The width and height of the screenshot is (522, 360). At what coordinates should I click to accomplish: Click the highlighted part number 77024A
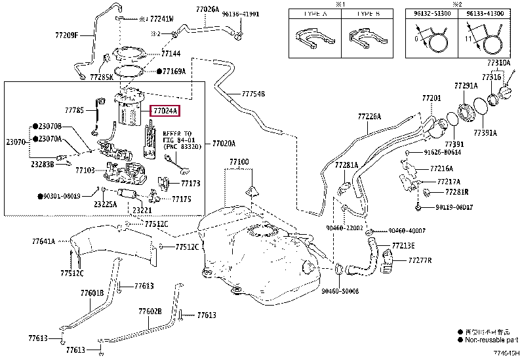click(165, 111)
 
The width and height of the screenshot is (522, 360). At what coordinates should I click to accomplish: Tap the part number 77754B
click(253, 94)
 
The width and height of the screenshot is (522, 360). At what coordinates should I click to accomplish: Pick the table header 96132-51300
click(428, 13)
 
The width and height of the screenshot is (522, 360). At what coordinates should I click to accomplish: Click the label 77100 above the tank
click(239, 161)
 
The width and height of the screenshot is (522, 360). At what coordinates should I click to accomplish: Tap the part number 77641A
click(41, 241)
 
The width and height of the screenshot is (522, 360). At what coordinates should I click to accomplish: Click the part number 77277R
click(420, 260)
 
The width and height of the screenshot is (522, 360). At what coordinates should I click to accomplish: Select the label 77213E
click(403, 245)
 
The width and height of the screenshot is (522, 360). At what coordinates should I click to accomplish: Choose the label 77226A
click(369, 117)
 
